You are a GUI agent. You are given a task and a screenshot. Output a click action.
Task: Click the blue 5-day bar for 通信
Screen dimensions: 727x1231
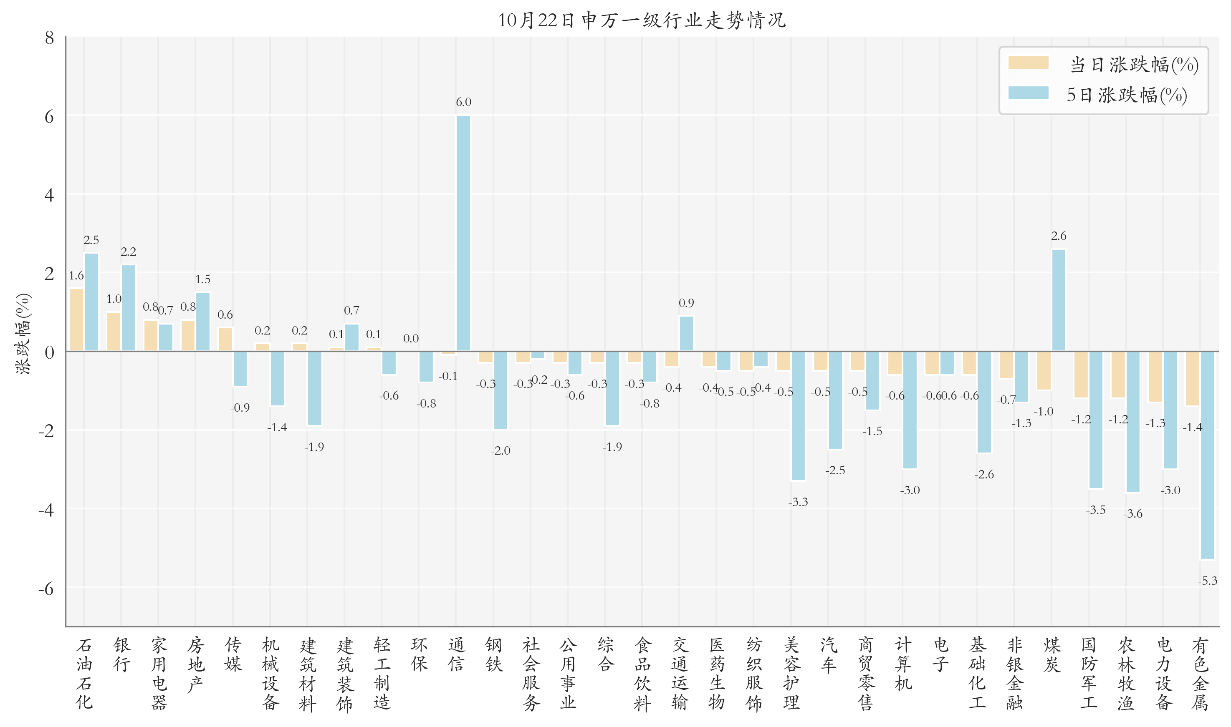click(x=463, y=234)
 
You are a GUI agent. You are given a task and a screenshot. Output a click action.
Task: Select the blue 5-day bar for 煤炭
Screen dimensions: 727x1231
click(x=1059, y=300)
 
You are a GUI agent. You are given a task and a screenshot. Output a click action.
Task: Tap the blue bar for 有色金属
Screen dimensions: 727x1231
click(x=1208, y=455)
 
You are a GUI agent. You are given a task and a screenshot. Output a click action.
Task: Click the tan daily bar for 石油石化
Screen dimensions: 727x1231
click(x=76, y=320)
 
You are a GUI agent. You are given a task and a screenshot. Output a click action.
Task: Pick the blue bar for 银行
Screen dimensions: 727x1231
click(x=129, y=308)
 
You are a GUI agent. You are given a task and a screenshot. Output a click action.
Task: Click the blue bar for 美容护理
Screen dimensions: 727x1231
click(x=798, y=416)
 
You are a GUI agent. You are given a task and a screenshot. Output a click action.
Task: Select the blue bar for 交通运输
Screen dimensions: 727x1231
click(x=686, y=334)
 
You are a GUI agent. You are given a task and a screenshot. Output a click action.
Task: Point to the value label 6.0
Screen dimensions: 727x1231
click(x=463, y=102)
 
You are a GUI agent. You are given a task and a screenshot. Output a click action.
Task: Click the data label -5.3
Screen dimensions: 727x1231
click(x=1208, y=581)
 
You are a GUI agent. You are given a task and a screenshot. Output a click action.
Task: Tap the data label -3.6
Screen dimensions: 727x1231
click(x=1133, y=514)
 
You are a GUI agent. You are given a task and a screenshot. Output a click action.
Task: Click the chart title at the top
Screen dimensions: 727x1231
click(x=642, y=20)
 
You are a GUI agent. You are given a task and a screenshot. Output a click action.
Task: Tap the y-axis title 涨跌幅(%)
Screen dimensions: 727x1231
click(x=23, y=334)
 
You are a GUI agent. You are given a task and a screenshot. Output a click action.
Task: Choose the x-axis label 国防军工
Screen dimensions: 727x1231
click(x=1088, y=674)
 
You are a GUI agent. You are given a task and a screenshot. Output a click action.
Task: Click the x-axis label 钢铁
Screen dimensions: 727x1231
click(x=494, y=654)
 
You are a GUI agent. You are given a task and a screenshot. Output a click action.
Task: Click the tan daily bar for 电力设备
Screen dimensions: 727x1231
click(x=1155, y=377)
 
